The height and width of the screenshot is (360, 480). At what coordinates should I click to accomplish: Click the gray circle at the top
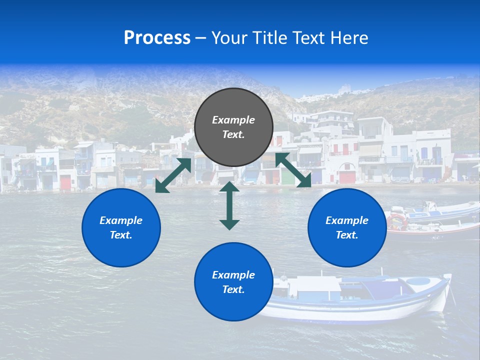[233, 127]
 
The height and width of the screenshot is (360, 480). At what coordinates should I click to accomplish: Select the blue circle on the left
[121, 227]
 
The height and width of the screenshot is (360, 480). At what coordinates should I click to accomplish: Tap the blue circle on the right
[347, 227]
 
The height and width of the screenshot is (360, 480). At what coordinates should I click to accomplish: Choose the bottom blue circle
[233, 282]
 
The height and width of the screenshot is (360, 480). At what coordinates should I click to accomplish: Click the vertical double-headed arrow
[229, 205]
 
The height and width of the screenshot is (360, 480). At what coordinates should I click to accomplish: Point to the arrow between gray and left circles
[173, 175]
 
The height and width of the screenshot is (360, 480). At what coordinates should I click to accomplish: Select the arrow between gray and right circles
[293, 170]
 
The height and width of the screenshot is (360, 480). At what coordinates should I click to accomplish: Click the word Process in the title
[157, 38]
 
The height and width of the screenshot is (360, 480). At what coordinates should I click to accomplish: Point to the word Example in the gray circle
[233, 120]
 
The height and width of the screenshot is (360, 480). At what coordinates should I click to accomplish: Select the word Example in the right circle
[347, 220]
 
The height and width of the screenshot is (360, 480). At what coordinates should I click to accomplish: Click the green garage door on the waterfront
[287, 176]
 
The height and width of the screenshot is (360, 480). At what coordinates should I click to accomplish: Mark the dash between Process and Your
[201, 38]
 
